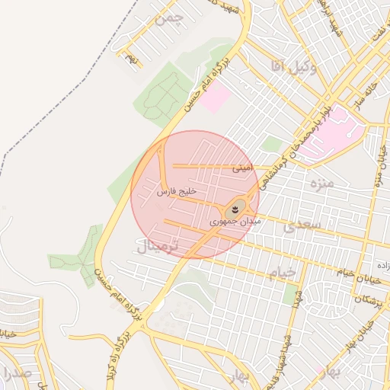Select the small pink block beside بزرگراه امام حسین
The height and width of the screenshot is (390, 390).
[216, 97]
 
